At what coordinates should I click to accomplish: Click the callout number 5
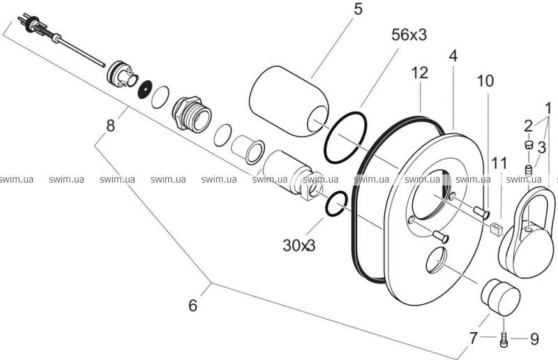click(358, 9)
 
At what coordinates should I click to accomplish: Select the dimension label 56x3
click(409, 35)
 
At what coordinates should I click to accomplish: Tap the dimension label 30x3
click(299, 245)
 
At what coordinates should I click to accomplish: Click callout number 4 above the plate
click(453, 56)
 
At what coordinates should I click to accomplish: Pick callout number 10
click(485, 81)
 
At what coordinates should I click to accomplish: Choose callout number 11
click(499, 163)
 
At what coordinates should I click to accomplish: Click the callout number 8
click(111, 126)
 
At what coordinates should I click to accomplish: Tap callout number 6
click(193, 305)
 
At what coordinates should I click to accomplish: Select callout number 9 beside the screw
click(534, 339)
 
